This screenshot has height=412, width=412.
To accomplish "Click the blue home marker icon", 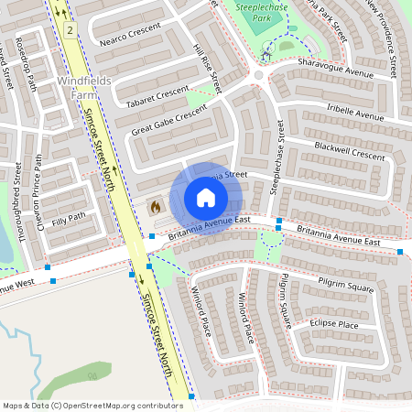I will (x=206, y=198).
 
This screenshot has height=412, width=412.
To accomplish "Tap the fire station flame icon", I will (x=155, y=207).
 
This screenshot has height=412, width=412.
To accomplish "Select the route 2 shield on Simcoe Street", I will (x=70, y=30).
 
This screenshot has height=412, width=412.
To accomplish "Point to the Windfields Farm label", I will (x=83, y=86).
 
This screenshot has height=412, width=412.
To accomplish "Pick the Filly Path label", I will (x=69, y=217).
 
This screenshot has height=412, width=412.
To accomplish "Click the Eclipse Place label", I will (x=333, y=324).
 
